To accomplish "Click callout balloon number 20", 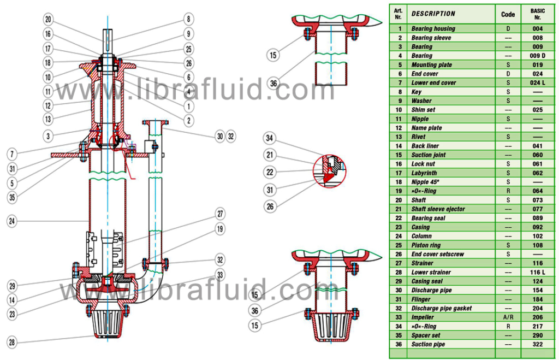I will pyautogui.click(x=48, y=20).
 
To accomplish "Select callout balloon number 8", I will pyautogui.click(x=188, y=20).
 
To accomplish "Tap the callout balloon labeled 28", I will pyautogui.click(x=11, y=343).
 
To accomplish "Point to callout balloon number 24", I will pyautogui.click(x=11, y=221).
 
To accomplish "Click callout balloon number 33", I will pyautogui.click(x=220, y=275).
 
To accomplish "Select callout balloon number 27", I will pyautogui.click(x=220, y=214).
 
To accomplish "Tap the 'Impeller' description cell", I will pyautogui.click(x=423, y=317).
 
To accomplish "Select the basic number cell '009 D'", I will pyautogui.click(x=537, y=56).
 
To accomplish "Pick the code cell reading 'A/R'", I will pyautogui.click(x=508, y=317).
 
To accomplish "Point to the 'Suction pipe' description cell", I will pyautogui.click(x=428, y=344).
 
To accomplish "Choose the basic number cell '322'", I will pyautogui.click(x=537, y=344).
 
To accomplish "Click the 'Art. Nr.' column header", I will pyautogui.click(x=399, y=14).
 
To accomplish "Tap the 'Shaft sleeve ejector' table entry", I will pyautogui.click(x=438, y=209).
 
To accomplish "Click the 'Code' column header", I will pyautogui.click(x=508, y=14).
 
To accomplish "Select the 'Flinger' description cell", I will pyautogui.click(x=421, y=299).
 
